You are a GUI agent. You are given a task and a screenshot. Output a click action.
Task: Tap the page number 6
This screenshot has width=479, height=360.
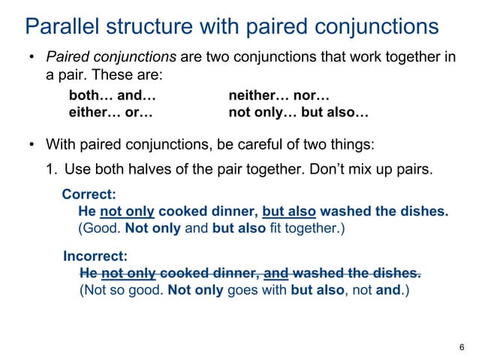click(460, 346)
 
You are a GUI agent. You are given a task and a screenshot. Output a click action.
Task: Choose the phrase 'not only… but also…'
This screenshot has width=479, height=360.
click(298, 113)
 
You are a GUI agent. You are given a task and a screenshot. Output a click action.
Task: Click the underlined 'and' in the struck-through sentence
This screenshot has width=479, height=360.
click(274, 272)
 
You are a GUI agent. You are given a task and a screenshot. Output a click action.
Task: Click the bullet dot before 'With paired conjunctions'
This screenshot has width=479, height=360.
click(32, 144)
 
